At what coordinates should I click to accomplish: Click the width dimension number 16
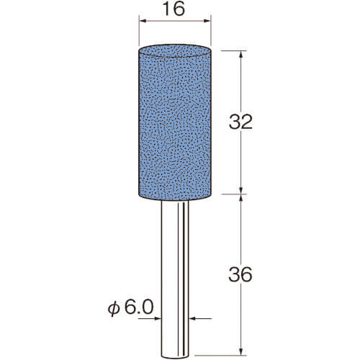click(x=175, y=9)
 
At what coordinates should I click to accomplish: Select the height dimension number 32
click(x=240, y=122)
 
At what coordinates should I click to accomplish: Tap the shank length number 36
click(x=240, y=274)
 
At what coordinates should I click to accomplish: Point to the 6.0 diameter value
click(x=139, y=307)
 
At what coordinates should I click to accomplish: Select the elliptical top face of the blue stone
click(x=175, y=51)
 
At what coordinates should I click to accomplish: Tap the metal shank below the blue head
click(x=175, y=279)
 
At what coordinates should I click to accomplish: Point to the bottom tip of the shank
click(x=175, y=358)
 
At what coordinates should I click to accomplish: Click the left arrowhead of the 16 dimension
click(x=143, y=21)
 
